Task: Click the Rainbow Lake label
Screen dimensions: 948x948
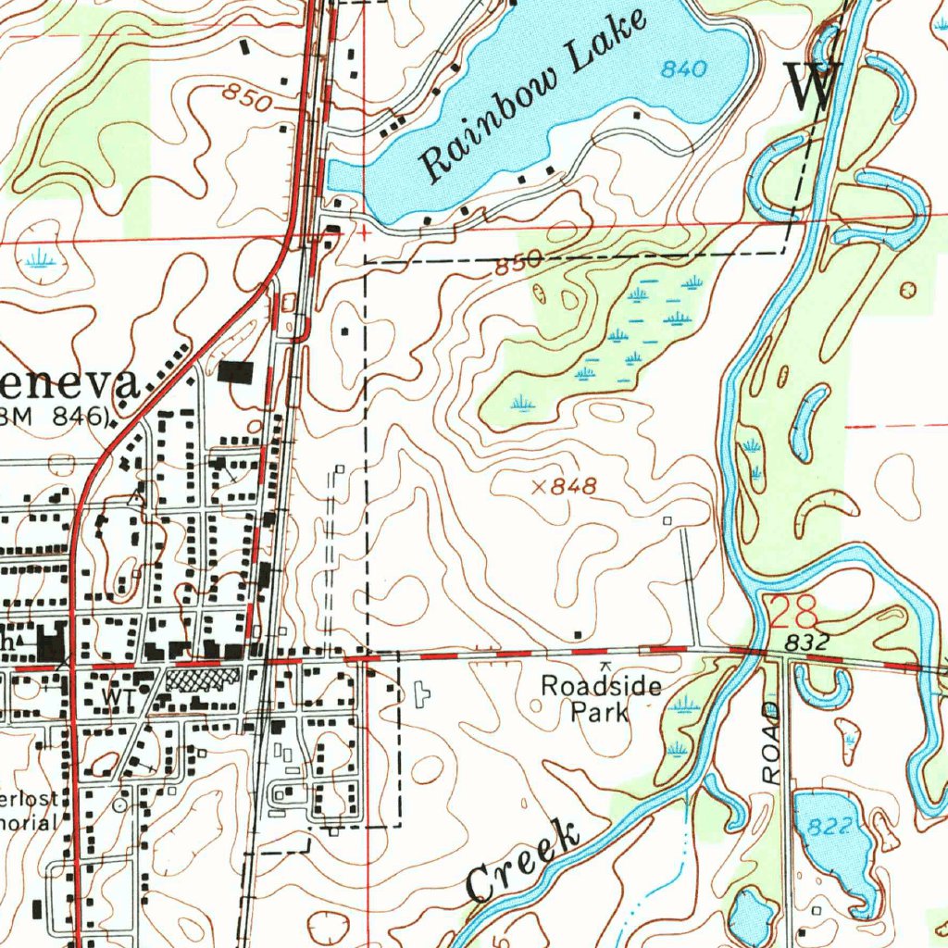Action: coord(532,95)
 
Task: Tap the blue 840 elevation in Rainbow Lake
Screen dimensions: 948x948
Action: coord(684,69)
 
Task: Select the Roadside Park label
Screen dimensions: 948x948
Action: coord(601,699)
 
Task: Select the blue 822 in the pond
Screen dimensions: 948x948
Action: coord(829,827)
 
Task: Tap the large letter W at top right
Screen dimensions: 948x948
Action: coord(812,86)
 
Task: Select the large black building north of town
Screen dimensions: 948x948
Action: coord(235,372)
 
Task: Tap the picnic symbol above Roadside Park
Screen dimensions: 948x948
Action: coord(605,665)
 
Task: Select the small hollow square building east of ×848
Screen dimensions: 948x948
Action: coord(668,521)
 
